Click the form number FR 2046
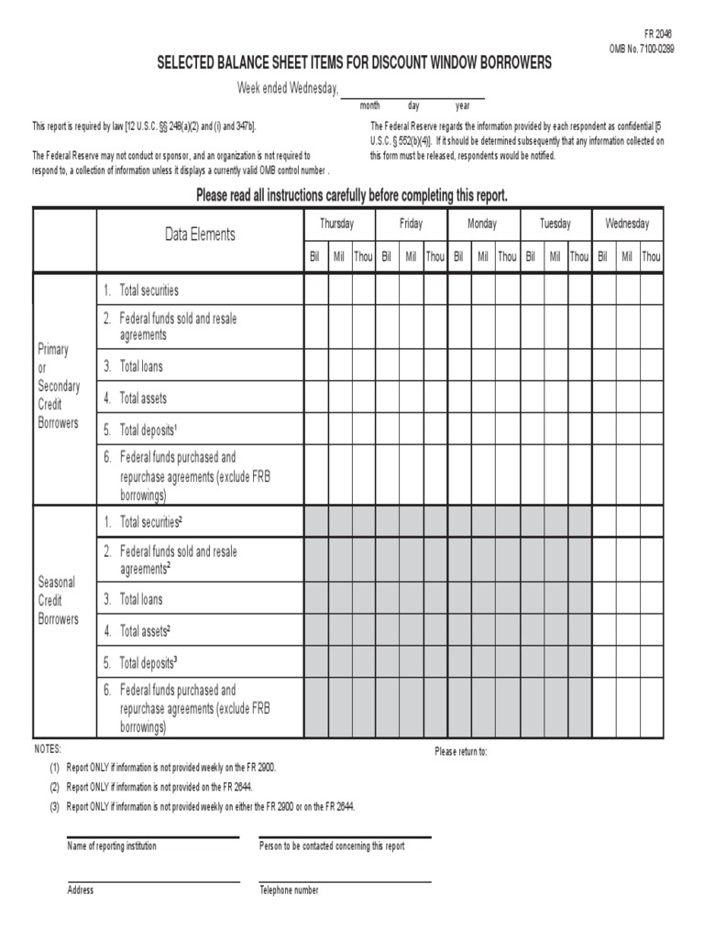pyautogui.click(x=658, y=33)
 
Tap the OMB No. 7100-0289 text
pyautogui.click(x=642, y=49)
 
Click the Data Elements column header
pyautogui.click(x=200, y=234)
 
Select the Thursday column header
pyautogui.click(x=336, y=224)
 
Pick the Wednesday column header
pyautogui.click(x=627, y=224)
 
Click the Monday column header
pyautogui.click(x=482, y=224)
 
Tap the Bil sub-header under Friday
pyautogui.click(x=387, y=257)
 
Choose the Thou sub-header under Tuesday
pyautogui.click(x=579, y=257)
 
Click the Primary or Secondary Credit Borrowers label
pyautogui.click(x=59, y=386)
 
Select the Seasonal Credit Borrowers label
pyautogui.click(x=57, y=600)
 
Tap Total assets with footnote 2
pyautogui.click(x=145, y=631)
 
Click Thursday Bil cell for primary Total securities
pyautogui.click(x=315, y=289)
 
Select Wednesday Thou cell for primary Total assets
pyautogui.click(x=651, y=398)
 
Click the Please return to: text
pyautogui.click(x=460, y=752)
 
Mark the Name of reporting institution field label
pyautogui.click(x=112, y=846)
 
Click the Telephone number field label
pyautogui.click(x=289, y=890)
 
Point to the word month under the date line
pyautogui.click(x=370, y=106)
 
